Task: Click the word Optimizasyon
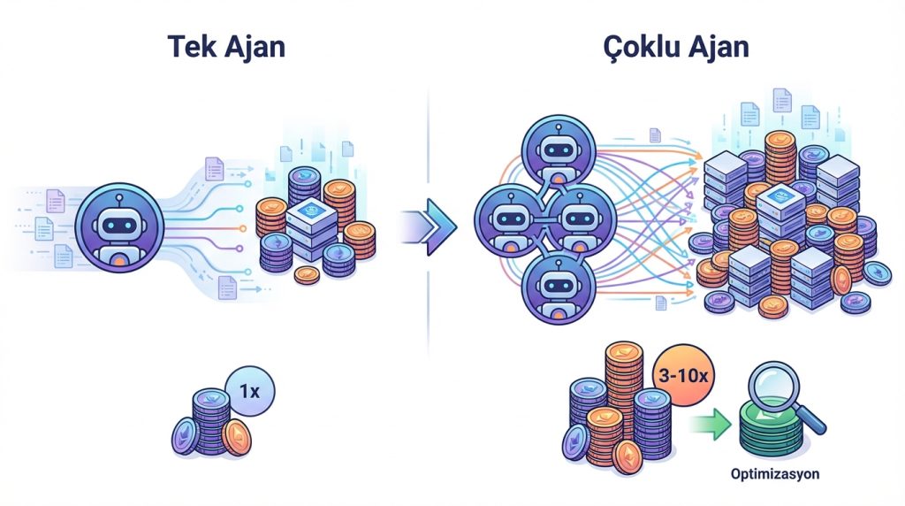775,474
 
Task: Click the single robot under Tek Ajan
118,227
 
